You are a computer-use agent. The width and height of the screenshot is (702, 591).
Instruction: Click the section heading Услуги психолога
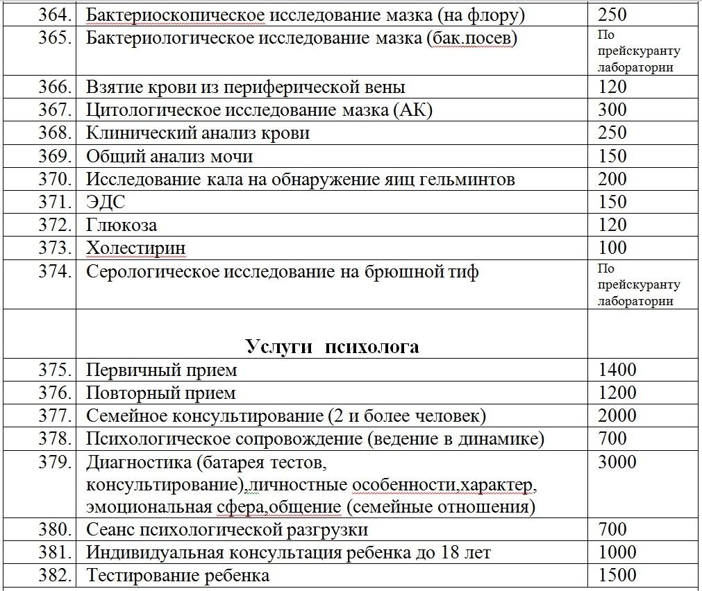click(332, 346)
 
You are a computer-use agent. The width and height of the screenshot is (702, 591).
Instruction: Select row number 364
click(55, 14)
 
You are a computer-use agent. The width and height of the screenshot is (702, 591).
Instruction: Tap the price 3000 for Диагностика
click(617, 463)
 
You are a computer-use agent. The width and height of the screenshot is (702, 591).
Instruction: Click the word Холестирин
click(136, 248)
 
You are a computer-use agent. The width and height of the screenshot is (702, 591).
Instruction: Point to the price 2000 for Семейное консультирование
click(617, 416)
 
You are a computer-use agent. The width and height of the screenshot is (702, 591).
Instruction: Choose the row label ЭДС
click(106, 202)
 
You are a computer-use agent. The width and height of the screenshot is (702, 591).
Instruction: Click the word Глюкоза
click(122, 225)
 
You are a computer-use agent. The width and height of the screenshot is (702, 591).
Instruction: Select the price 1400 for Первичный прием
click(617, 370)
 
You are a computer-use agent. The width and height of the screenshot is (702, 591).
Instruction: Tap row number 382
click(55, 575)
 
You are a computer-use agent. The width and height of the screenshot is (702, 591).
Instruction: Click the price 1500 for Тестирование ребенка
click(617, 575)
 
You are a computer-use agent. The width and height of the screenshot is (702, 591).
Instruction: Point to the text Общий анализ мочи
click(169, 156)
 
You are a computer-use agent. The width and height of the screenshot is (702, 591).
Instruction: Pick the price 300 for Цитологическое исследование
click(612, 110)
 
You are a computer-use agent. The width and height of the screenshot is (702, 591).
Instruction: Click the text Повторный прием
click(161, 393)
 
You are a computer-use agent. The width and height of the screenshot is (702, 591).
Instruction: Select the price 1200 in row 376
click(617, 393)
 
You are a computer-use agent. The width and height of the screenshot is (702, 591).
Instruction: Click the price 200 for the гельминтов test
click(612, 179)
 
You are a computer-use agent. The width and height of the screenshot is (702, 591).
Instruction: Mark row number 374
click(55, 271)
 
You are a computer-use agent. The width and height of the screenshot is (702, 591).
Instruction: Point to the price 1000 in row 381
click(617, 552)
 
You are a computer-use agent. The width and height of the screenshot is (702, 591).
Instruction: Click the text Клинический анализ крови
click(198, 132)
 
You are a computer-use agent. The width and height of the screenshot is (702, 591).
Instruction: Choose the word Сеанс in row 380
click(111, 529)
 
